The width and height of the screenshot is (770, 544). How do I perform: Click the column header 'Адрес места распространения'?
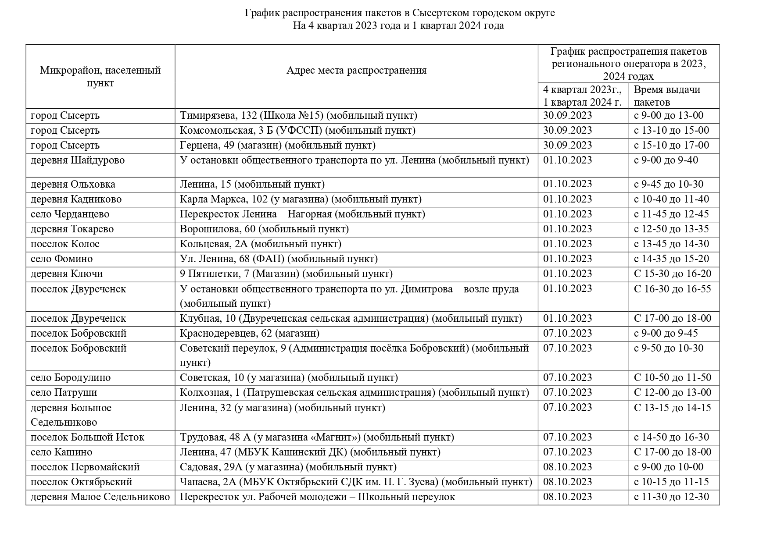point(356,71)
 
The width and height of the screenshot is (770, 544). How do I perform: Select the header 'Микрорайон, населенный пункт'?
point(100,76)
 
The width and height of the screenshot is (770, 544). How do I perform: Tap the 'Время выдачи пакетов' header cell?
point(667,96)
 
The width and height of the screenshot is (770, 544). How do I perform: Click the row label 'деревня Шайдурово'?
point(78,160)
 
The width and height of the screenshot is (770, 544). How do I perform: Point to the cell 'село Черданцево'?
point(70,214)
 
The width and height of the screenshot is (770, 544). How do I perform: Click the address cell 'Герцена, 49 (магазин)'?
point(277,145)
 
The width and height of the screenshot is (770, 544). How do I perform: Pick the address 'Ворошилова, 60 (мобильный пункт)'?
point(264,229)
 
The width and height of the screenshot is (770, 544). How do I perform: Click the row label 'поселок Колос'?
point(65,244)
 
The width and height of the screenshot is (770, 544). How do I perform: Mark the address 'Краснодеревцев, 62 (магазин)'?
point(249,334)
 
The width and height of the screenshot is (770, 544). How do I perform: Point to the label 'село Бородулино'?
point(71,378)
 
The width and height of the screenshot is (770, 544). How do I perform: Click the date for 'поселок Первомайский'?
point(567,467)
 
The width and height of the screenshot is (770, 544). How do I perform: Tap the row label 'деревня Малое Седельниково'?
point(100,497)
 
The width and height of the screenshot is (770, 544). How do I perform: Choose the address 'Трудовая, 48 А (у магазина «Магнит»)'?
point(317,437)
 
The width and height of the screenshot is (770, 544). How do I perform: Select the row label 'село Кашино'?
point(61,452)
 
